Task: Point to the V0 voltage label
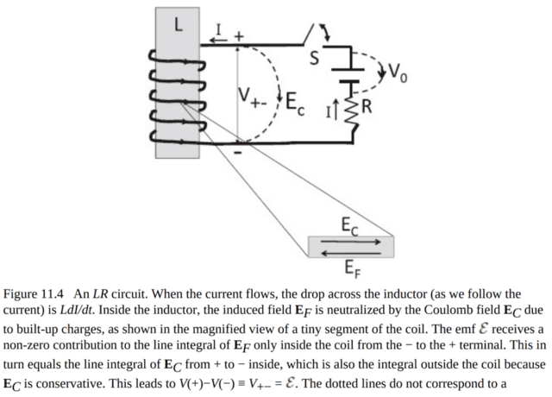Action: (x=398, y=71)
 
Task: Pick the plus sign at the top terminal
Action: (x=239, y=35)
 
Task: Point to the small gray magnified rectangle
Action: (x=348, y=248)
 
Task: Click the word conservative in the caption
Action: (x=76, y=382)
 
